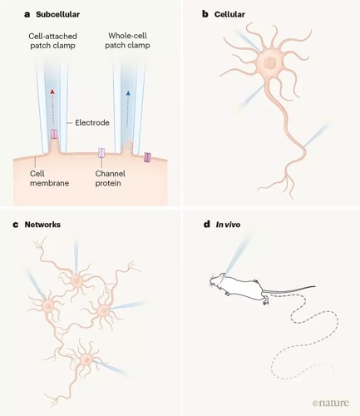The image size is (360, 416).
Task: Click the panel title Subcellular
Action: coord(57,14)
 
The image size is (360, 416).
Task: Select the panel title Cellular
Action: coord(229,14)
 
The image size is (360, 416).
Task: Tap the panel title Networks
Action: coord(42,225)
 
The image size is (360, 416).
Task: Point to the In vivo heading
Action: coord(228,225)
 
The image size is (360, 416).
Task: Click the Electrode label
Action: coord(92,122)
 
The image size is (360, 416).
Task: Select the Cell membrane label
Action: coord(49,178)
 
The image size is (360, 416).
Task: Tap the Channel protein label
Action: coord(111,178)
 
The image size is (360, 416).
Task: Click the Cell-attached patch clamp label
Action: coord(52,41)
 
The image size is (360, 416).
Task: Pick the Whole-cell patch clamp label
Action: coord(127,41)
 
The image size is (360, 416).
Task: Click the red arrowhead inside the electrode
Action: coord(52,92)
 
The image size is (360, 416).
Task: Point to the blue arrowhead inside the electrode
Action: coord(128,93)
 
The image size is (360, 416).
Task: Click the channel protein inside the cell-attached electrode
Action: coord(54,134)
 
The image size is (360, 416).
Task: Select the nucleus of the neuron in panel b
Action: coord(269,63)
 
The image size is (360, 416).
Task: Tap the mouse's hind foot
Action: coord(266,301)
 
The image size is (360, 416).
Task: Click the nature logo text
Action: coord(331,403)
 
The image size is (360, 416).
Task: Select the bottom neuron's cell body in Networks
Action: coord(86,359)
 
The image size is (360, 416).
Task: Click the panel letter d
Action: coord(207,224)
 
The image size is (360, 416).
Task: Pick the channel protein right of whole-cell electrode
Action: coord(147,157)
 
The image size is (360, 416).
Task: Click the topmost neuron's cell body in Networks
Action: coord(76,281)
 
